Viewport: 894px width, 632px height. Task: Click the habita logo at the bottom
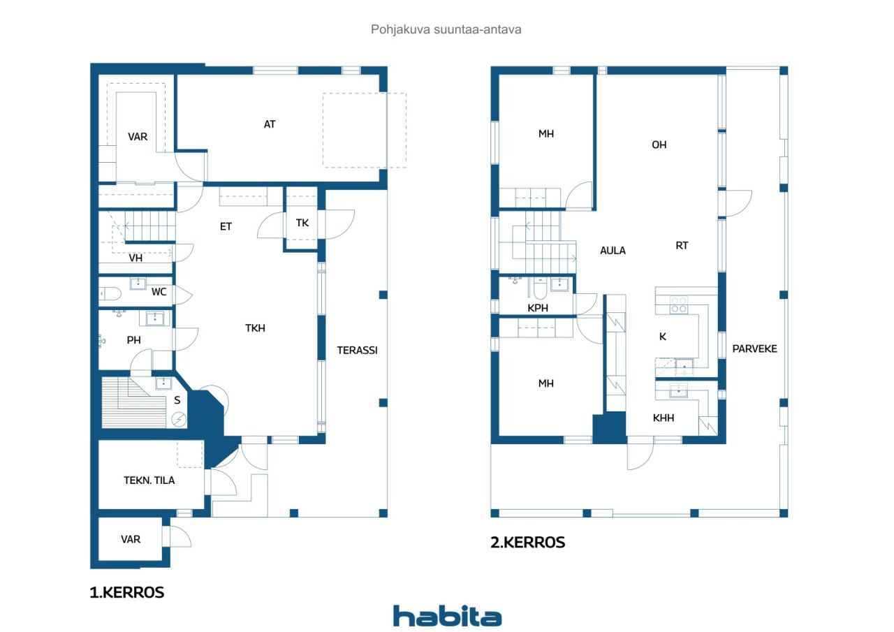448,616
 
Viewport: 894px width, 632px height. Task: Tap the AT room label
270,124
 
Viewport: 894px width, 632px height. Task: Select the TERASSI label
357,351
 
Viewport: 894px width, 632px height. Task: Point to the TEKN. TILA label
149,480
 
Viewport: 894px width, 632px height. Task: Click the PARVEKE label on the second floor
754,348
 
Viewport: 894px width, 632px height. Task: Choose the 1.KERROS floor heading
127,592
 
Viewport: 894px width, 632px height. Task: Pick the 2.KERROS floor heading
527,543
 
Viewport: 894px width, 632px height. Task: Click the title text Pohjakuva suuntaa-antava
446,29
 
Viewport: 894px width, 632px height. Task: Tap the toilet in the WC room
110,294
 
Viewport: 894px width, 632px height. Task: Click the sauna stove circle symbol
179,419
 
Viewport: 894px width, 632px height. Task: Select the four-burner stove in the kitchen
678,304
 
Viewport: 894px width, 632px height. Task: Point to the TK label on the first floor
302,223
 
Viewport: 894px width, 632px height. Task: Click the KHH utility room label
664,418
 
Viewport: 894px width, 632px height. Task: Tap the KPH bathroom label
538,308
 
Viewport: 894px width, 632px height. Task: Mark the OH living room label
659,145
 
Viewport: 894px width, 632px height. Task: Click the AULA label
613,251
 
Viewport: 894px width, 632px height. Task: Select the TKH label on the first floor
255,328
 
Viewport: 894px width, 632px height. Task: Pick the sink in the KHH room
678,391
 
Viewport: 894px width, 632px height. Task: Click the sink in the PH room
154,318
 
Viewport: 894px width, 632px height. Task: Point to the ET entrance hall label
226,227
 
